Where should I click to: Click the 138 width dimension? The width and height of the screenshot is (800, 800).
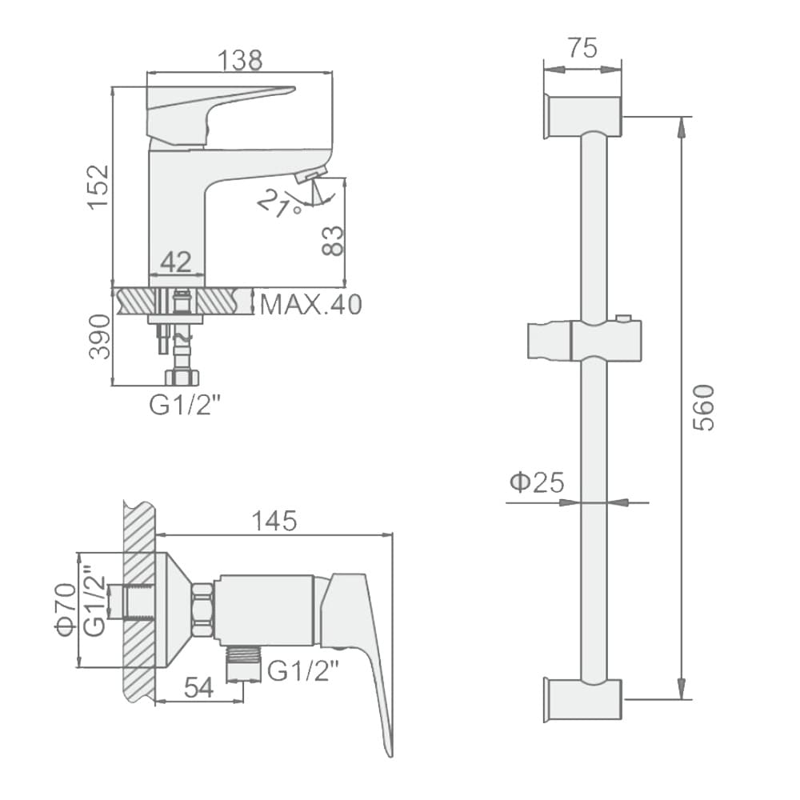coord(240,60)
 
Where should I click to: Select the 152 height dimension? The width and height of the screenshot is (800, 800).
coord(98,186)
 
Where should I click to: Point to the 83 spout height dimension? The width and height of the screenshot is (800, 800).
coord(333,240)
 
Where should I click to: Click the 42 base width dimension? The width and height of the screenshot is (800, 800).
coord(176,262)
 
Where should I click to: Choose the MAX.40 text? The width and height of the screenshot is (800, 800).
coord(310,305)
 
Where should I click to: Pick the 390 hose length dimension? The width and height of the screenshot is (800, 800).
coord(99,337)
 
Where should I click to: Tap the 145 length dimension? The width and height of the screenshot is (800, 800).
coord(274,521)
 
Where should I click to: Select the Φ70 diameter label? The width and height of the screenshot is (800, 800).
coord(66,610)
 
